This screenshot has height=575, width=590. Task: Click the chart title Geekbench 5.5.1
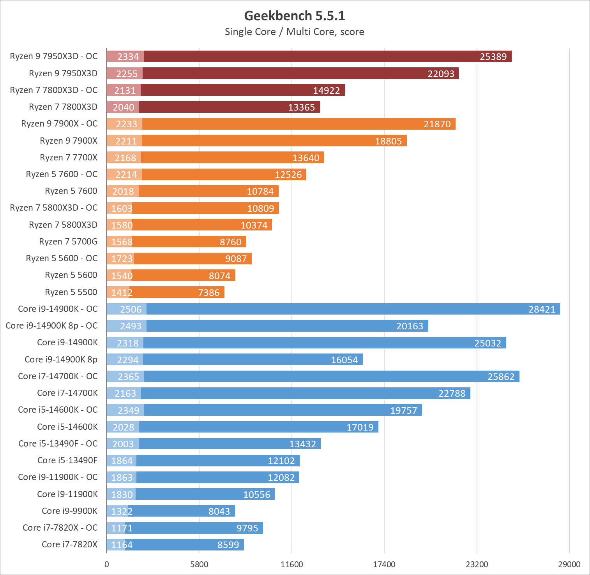(x=295, y=16)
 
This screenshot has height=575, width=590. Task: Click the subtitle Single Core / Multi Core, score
(x=295, y=32)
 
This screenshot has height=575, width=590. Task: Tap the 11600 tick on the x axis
(x=292, y=564)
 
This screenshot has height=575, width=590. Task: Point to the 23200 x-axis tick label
(x=477, y=564)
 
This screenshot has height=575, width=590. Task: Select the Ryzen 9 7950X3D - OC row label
(x=54, y=56)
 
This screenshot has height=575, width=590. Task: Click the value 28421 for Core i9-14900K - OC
(x=542, y=309)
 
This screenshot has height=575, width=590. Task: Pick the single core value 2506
(x=131, y=309)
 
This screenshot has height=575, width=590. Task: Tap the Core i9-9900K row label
(x=70, y=511)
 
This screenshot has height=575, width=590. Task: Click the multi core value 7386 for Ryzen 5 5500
(x=209, y=293)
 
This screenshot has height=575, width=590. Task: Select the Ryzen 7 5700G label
(x=68, y=242)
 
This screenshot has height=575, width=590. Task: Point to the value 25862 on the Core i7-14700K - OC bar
(x=501, y=377)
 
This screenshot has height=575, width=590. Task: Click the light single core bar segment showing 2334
(x=125, y=57)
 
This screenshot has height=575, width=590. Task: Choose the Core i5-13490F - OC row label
(x=58, y=444)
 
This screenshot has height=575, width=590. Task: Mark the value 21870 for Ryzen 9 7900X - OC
(x=437, y=124)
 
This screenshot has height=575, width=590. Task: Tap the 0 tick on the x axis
(x=107, y=564)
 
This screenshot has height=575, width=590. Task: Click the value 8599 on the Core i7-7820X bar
(x=228, y=545)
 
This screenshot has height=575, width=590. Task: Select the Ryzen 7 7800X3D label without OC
(x=63, y=107)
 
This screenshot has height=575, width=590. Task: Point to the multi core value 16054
(x=344, y=360)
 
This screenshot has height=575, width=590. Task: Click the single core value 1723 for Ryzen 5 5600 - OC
(x=122, y=259)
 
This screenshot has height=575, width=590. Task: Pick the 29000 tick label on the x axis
(x=569, y=564)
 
